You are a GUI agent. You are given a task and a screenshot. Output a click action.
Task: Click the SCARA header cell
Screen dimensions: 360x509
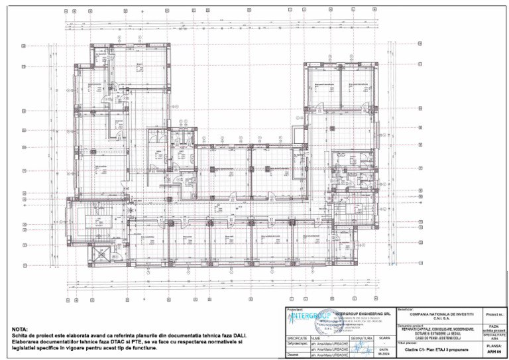(x=384, y=338)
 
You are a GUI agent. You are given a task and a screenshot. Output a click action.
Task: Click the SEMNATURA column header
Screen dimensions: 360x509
(x=362, y=338)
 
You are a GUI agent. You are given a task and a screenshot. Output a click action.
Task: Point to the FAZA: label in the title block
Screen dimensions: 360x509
(x=494, y=326)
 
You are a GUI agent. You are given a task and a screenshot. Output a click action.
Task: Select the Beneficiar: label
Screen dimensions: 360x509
(x=406, y=309)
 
